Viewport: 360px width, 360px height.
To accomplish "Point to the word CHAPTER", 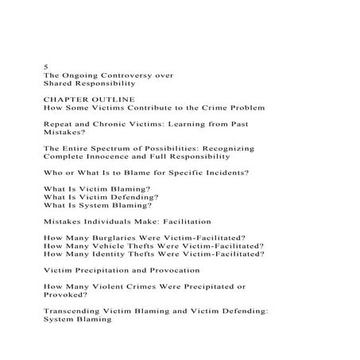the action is [x=67, y=99].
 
